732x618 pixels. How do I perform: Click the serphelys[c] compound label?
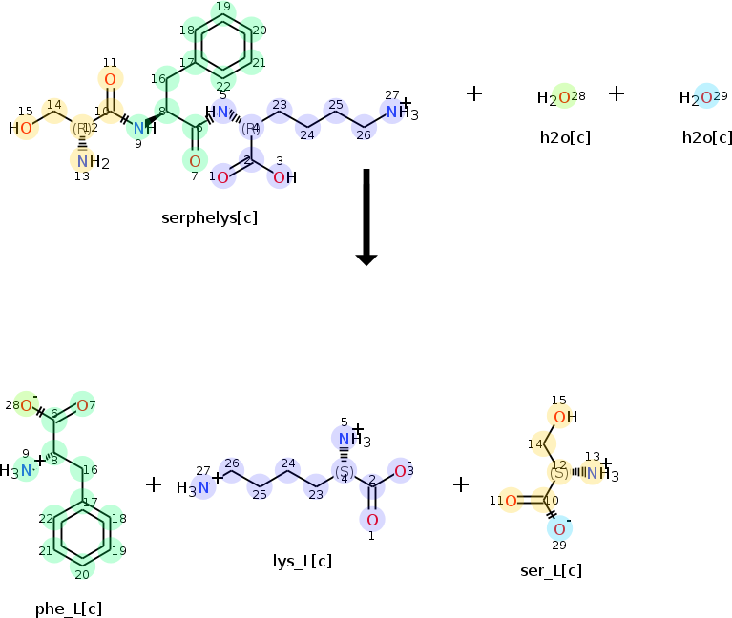209,217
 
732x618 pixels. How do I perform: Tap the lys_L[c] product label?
303,561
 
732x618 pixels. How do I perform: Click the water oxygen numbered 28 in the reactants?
563,97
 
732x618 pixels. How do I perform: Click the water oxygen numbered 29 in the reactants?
705,97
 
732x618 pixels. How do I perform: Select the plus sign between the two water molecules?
617,93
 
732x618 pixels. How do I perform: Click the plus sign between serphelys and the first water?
474,93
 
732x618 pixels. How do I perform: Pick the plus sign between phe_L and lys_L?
154,484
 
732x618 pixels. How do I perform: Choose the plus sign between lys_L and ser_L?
461,484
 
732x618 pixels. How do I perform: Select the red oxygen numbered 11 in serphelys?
110,80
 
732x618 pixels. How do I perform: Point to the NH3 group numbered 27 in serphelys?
400,113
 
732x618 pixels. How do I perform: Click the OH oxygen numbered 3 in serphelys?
281,176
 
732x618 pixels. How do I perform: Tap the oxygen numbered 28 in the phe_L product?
27,406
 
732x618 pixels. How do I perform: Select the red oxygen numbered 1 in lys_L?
372,520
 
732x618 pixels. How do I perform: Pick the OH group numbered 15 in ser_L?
563,416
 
